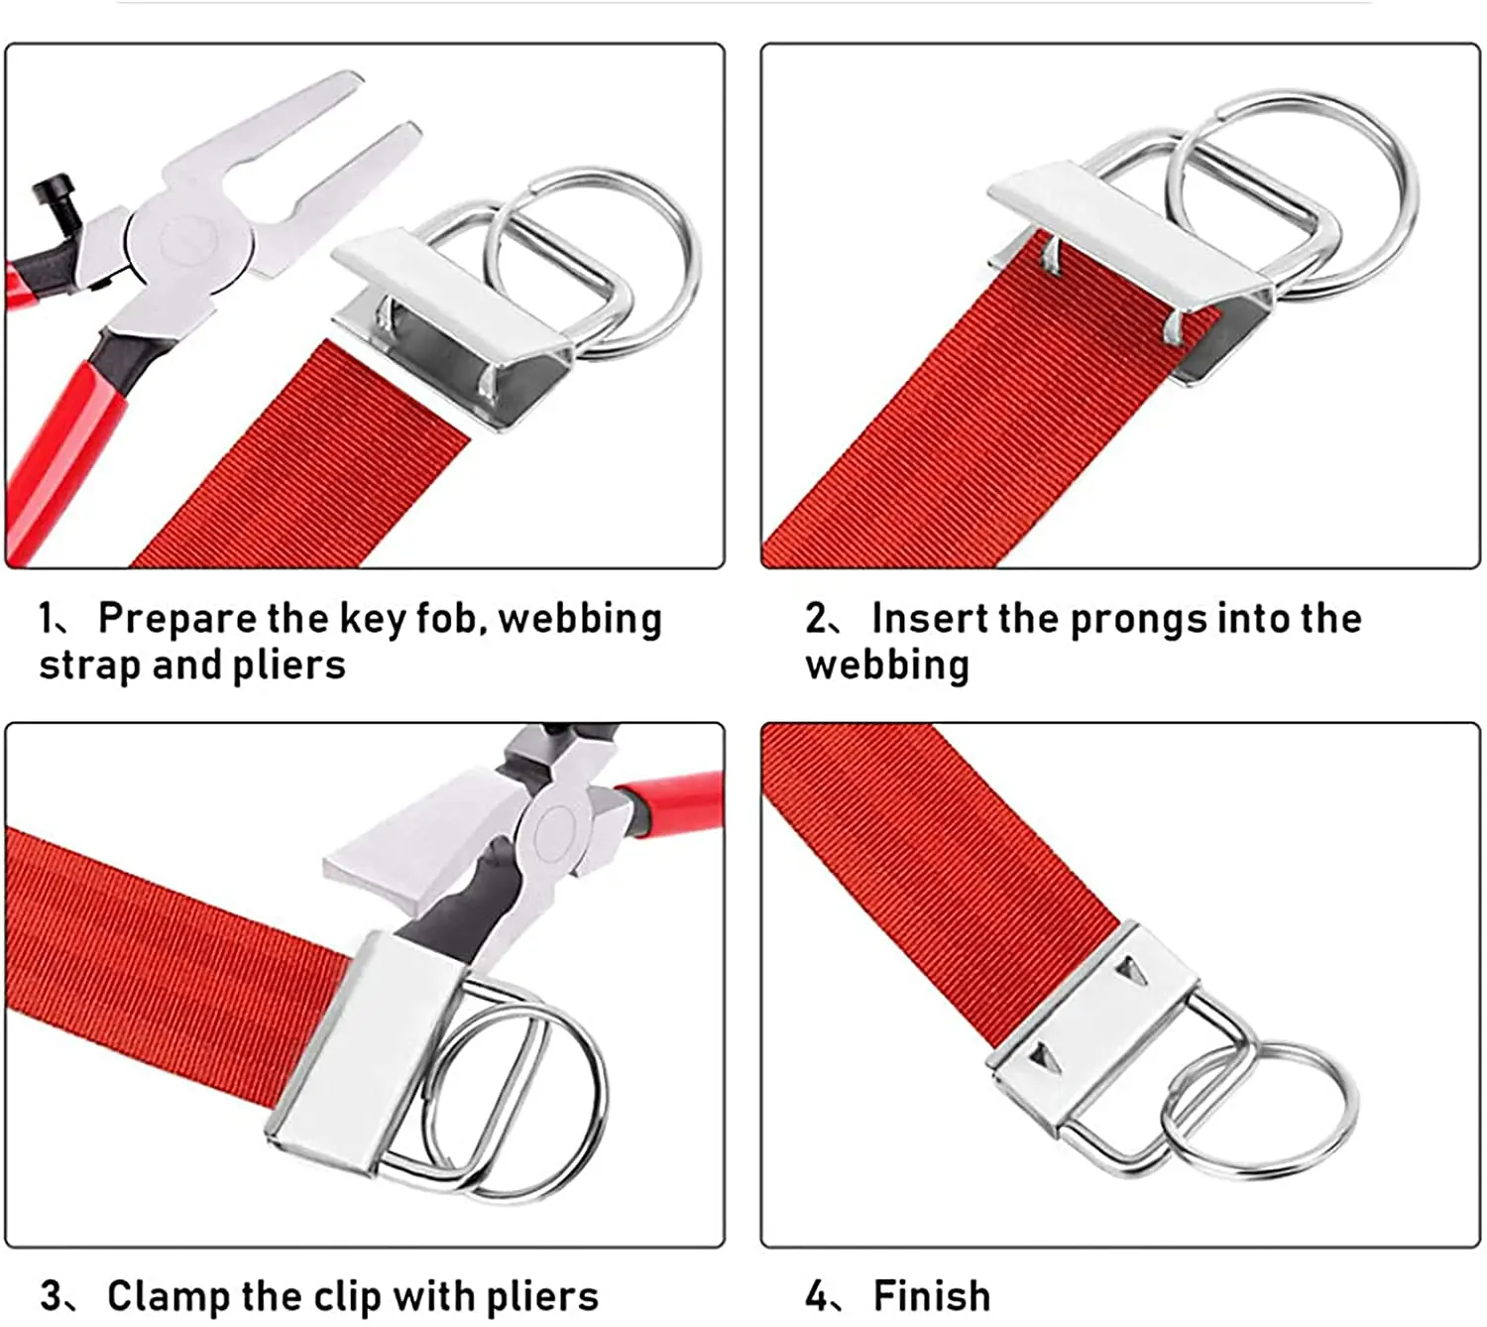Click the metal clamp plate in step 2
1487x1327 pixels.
click(x=1130, y=235)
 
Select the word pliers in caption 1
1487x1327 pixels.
click(x=288, y=666)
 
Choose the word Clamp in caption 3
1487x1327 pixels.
click(x=169, y=1295)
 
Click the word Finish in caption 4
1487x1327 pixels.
click(x=932, y=1295)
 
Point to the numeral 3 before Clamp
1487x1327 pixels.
click(x=52, y=1296)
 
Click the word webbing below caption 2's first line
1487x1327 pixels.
click(x=886, y=666)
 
